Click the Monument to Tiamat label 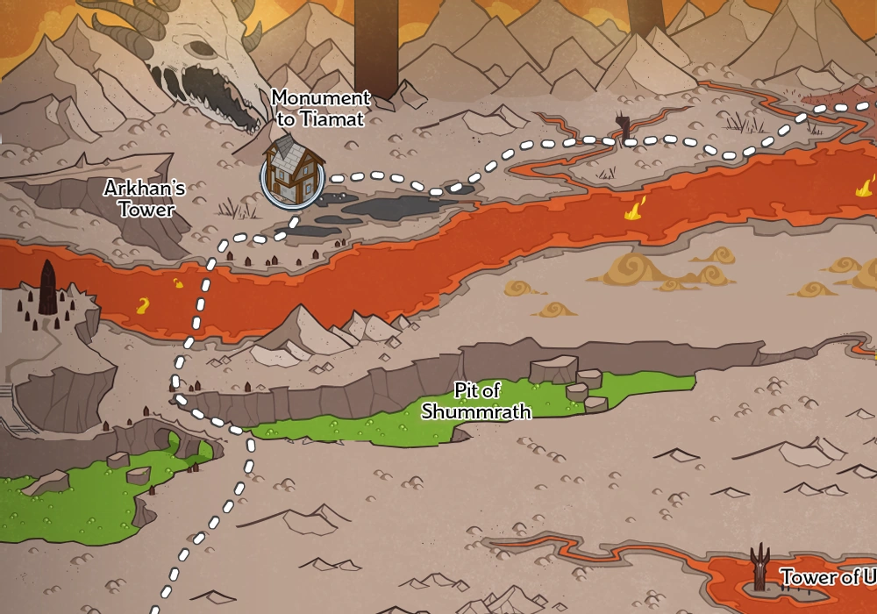point(320,109)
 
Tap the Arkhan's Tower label point(145,198)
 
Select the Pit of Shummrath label point(476,401)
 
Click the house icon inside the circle point(293,172)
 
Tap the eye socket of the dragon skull point(203,49)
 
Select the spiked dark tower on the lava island point(760,567)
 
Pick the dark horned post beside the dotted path point(624,126)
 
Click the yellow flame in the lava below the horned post point(632,211)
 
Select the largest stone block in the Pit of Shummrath point(553,368)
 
